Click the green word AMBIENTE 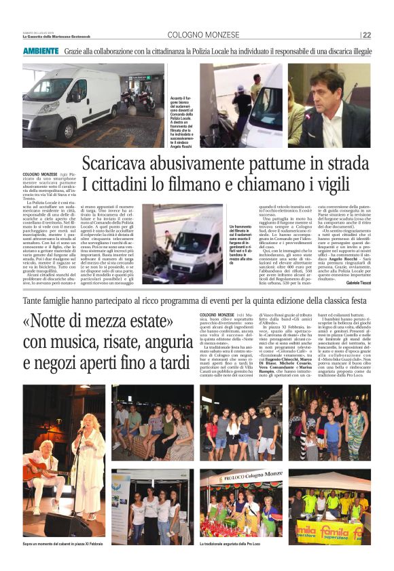[41, 52]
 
